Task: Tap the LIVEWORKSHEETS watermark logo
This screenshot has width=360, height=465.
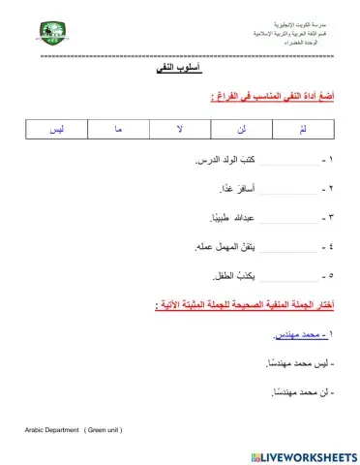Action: click(x=303, y=455)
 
